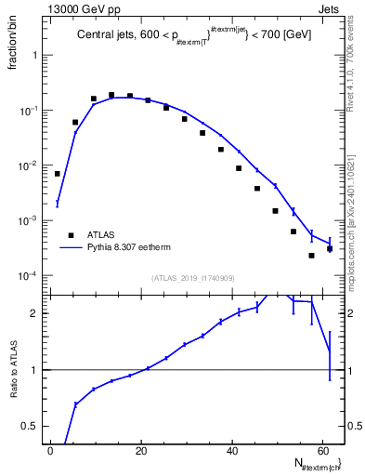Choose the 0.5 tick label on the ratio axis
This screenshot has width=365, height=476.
coord(33,426)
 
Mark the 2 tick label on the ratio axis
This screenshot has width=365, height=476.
coord(38,313)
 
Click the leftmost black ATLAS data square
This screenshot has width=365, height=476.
coord(58,174)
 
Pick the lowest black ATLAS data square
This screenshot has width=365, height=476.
coord(312,255)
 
